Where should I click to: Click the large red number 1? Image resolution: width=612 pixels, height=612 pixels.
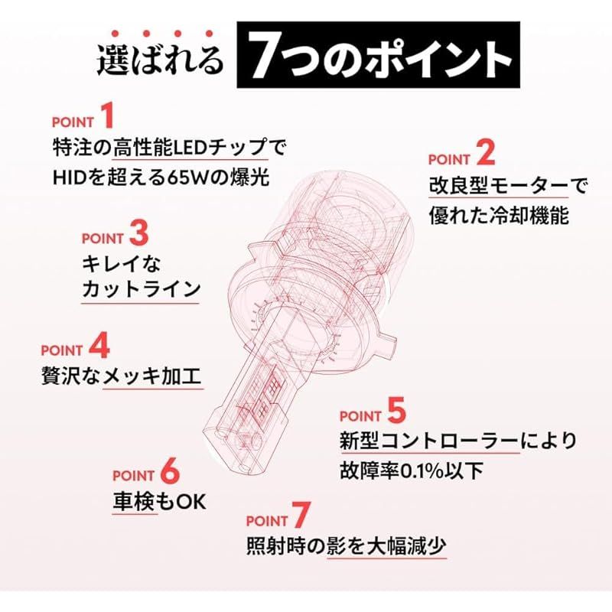pyautogui.click(x=109, y=117)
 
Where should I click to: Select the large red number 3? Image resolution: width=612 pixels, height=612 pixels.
pyautogui.click(x=138, y=232)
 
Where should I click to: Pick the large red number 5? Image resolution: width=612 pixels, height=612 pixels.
pyautogui.click(x=396, y=412)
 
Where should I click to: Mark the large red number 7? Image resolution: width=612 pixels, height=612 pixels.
pyautogui.click(x=303, y=517)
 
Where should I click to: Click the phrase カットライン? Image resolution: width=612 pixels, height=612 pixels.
pyautogui.click(x=141, y=289)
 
